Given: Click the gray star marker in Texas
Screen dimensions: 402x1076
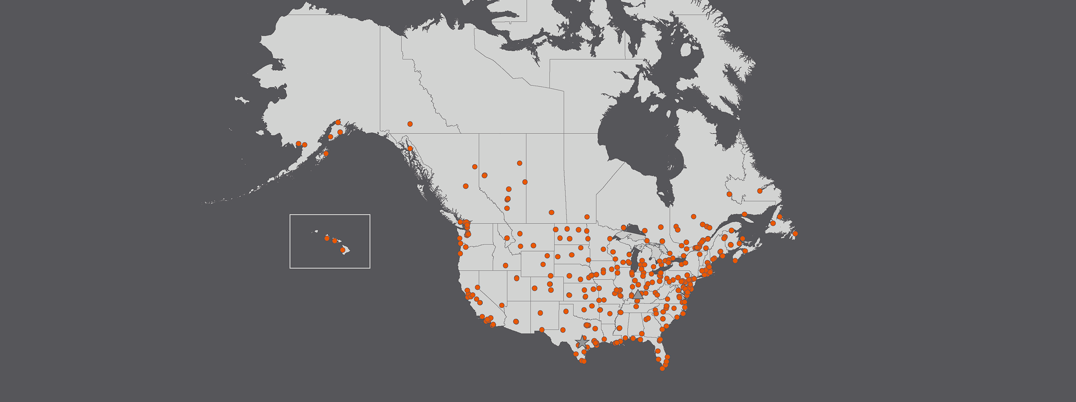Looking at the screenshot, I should click(x=582, y=342).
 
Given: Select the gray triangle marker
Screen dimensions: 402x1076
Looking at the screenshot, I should click(x=638, y=294).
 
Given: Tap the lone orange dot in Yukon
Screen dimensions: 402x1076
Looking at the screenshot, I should click(x=410, y=124).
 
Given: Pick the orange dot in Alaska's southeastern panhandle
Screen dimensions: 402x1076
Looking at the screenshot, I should click(x=410, y=149).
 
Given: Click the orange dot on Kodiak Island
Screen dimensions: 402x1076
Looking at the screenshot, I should click(x=326, y=154).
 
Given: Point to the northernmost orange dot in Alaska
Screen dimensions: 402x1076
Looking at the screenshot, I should click(x=338, y=122).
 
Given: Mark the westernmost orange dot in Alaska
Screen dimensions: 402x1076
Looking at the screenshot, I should click(x=299, y=144).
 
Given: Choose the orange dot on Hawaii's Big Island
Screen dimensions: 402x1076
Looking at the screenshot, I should click(x=343, y=250).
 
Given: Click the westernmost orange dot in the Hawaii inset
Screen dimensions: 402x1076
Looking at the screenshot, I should click(x=327, y=238).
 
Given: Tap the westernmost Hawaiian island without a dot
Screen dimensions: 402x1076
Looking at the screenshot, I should click(x=316, y=232).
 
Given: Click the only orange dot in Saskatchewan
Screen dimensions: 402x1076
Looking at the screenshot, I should click(x=552, y=212).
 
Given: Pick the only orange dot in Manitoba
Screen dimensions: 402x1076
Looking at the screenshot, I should click(x=587, y=217).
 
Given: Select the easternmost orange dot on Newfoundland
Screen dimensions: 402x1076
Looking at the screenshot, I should click(x=795, y=234).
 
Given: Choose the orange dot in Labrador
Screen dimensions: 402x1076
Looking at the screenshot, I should click(x=760, y=191).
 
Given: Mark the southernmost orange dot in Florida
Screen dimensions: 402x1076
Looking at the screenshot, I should click(x=662, y=368).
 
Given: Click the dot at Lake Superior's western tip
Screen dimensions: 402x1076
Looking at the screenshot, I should click(x=623, y=228).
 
